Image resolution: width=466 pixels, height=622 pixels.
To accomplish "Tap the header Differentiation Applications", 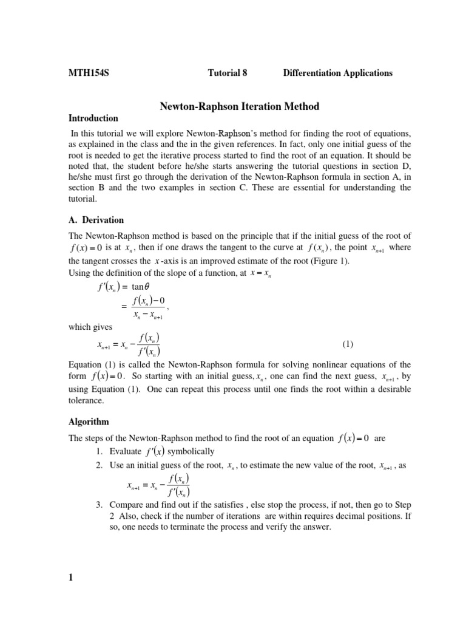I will tap(337, 73).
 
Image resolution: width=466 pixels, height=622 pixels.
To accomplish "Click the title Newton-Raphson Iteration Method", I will tap(239, 106).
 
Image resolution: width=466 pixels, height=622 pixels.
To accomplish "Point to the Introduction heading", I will tap(93, 118).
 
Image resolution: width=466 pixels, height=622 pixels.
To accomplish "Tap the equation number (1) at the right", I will tap(347, 344).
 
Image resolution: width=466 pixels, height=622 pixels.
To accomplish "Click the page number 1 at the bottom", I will tap(70, 578).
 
